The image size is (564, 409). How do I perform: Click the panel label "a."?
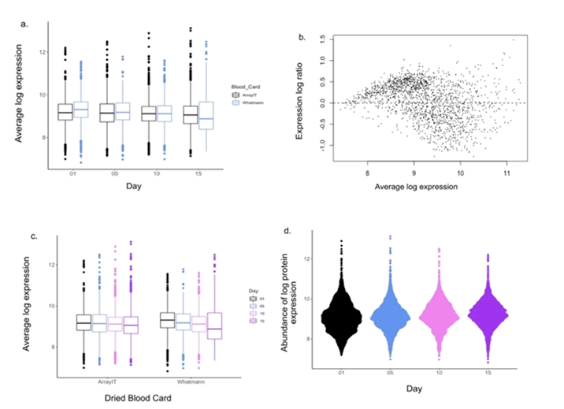click(x=24, y=24)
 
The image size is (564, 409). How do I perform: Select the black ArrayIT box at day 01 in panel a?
click(x=65, y=112)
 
